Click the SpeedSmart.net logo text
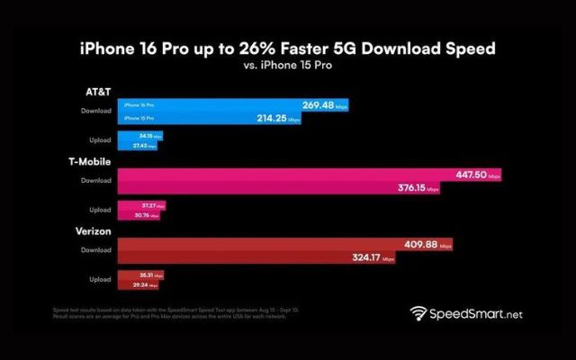point(475,315)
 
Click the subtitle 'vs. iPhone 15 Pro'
point(287,66)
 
